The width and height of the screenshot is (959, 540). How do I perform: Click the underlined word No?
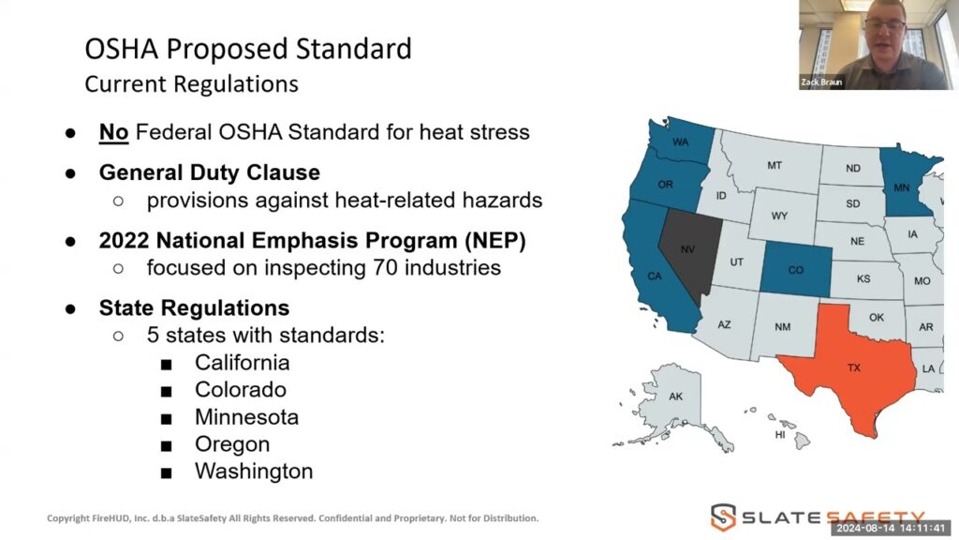pos(113,132)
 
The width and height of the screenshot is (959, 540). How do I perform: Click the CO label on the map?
pos(796,270)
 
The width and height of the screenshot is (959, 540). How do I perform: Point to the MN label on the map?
pos(901,187)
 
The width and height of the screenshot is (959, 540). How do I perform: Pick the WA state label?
pos(681,142)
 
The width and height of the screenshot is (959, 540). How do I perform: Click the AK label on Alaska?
pos(675,397)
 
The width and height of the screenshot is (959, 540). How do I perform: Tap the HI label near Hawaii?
pos(780,435)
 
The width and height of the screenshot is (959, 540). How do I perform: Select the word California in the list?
pos(243,363)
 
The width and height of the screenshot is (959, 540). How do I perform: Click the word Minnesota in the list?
pos(246,417)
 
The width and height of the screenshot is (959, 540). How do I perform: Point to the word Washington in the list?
pos(254,472)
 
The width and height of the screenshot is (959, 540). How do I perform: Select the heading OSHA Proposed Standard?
pos(248,49)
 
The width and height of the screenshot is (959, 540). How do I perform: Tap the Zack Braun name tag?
pos(821,82)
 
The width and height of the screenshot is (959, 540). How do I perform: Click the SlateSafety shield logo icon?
pos(723,517)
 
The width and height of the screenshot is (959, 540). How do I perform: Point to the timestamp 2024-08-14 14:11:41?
pos(891,528)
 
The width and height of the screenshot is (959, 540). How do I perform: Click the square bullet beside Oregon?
pos(167,445)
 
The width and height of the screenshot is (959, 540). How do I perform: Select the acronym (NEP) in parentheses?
pos(494,241)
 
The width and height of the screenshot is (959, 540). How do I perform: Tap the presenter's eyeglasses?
pos(884,25)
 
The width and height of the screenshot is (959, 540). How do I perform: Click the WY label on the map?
pos(779,217)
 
